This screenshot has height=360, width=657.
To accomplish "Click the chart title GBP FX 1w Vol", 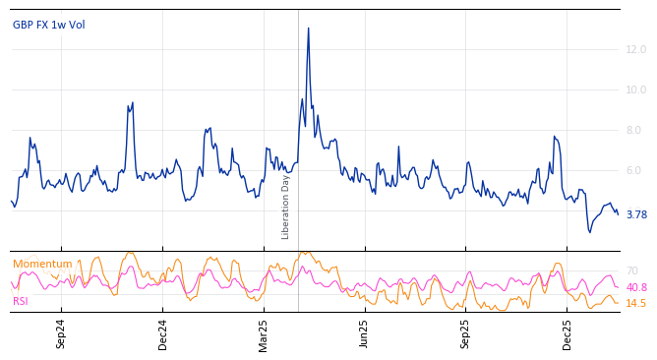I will point(48,25).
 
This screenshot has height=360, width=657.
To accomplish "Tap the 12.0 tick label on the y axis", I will point(636,49).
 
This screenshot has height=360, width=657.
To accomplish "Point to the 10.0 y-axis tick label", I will point(636,90).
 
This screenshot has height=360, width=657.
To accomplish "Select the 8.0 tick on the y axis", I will point(633,130).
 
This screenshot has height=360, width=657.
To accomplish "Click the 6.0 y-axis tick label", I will point(633,170).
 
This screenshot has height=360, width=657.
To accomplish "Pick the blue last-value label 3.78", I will point(636,214).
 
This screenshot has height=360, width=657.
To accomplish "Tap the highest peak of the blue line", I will point(308,28).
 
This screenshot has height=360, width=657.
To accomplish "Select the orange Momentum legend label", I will point(42,264).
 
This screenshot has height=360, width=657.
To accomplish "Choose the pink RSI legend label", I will point(21,301).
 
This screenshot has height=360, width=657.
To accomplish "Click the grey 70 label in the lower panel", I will point(631,270).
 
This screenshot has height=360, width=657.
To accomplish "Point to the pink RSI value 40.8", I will point(636,287).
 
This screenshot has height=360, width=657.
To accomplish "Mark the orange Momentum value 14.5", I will point(636,303).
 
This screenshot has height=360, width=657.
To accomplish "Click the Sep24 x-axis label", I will point(61,333).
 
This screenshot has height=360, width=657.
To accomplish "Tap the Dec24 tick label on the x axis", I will point(162,333).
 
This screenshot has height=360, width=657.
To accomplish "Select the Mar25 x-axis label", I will point(264,333).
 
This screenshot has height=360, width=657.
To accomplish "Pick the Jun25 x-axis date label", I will point(364,333).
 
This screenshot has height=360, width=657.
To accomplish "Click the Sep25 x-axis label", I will point(465,333).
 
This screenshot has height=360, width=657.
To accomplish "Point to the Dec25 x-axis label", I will point(567,333).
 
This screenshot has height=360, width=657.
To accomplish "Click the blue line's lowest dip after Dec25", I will point(589,232).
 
